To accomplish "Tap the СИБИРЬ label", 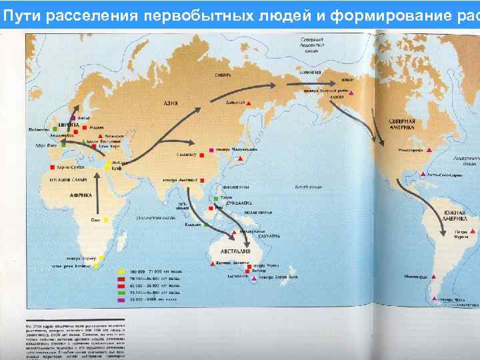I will pos(222,75).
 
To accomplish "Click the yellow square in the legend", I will pos(120,272).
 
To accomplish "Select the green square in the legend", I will pos(120,291).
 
